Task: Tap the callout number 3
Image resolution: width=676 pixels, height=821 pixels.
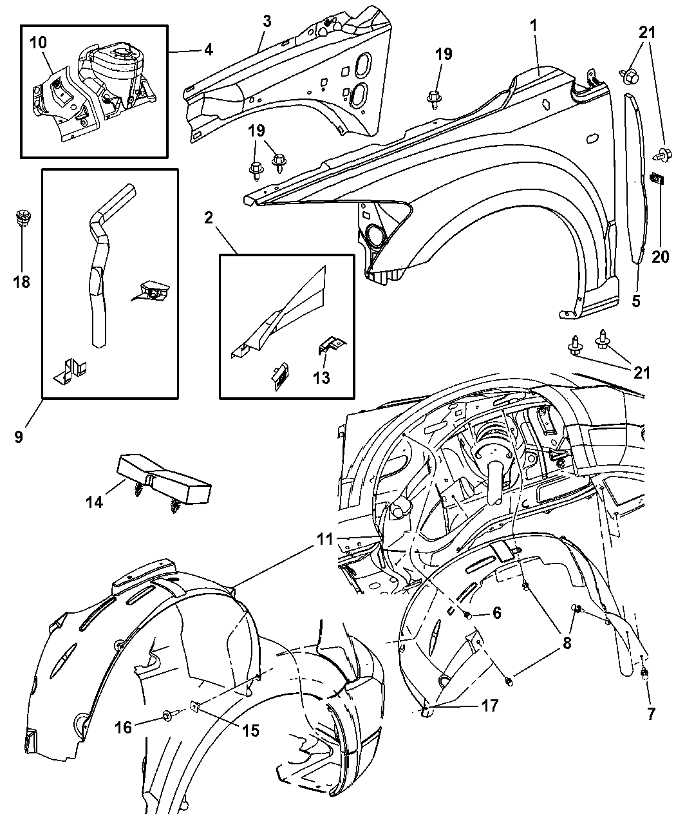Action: [x=267, y=21]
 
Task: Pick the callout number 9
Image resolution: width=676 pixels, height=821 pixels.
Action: [x=19, y=436]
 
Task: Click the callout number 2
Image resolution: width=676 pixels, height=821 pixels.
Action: [x=207, y=218]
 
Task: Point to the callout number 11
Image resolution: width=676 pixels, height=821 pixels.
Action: [x=324, y=540]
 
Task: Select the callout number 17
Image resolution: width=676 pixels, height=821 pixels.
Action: [x=489, y=706]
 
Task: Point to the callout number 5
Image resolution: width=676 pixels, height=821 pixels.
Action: [x=636, y=300]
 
